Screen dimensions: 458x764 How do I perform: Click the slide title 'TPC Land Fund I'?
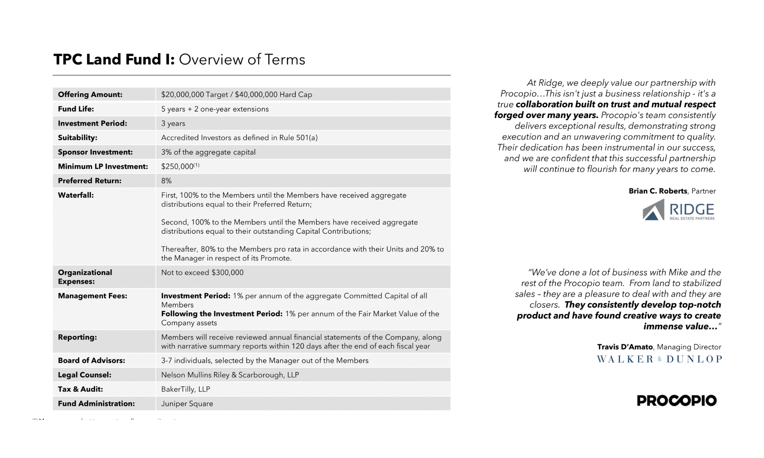114,60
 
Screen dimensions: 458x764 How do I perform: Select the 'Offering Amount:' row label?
90,95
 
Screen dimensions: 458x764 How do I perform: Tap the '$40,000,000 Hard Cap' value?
274,95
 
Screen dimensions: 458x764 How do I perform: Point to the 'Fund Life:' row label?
76,109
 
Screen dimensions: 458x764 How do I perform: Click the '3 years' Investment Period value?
173,124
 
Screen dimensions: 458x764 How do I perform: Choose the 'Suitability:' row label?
78,138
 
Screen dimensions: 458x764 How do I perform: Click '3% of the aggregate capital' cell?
208,152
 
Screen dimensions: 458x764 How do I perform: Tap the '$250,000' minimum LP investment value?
178,167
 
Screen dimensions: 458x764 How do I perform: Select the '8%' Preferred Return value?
167,181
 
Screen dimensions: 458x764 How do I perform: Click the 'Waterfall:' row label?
76,195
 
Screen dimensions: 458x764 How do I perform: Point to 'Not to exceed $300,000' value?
202,273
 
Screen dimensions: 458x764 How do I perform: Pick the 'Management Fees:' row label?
92,296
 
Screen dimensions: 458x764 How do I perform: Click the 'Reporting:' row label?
78,337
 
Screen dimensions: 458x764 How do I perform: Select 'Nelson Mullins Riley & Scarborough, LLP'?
230,375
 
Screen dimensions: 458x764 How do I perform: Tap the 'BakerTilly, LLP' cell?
186,389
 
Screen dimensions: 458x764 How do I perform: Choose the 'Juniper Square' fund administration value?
187,404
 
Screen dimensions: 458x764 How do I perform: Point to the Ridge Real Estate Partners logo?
678,211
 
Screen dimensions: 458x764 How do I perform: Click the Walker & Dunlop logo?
659,359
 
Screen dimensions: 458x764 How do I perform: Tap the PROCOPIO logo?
677,401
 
